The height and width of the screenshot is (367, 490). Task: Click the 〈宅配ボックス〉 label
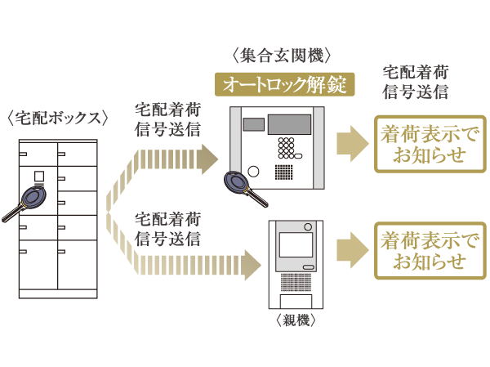(x=58, y=117)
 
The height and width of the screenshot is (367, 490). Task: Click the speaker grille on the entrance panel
(x=285, y=172)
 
